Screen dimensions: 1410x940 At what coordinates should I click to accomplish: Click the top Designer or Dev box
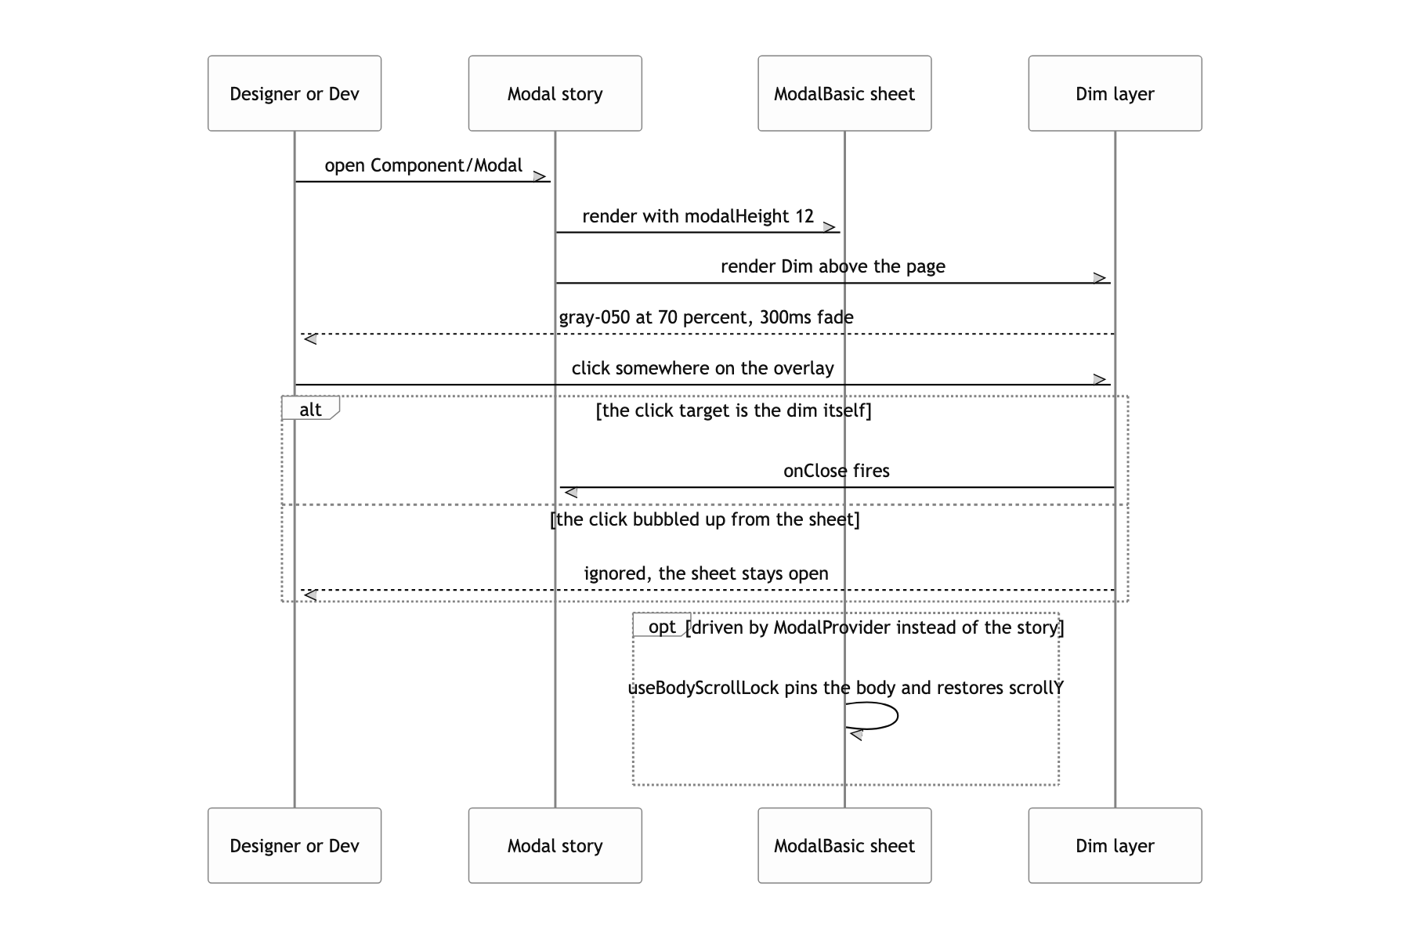click(x=295, y=93)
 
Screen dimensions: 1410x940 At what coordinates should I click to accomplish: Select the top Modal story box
click(x=555, y=93)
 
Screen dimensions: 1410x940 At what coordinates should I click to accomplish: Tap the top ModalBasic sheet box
click(x=844, y=93)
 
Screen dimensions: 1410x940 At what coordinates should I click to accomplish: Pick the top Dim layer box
click(x=1115, y=93)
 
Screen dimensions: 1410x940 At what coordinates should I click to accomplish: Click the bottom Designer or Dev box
click(x=295, y=845)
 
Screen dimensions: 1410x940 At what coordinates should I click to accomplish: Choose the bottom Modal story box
click(x=555, y=845)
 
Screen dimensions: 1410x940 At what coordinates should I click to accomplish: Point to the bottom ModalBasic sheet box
click(x=844, y=845)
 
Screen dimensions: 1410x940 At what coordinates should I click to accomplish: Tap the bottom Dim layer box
click(x=1115, y=845)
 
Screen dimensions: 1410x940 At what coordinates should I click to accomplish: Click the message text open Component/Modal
click(x=424, y=166)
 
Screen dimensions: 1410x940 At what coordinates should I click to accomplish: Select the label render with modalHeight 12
click(x=698, y=216)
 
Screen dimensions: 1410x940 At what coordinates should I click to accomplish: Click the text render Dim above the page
click(x=833, y=266)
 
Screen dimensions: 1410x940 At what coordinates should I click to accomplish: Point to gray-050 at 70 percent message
click(x=706, y=317)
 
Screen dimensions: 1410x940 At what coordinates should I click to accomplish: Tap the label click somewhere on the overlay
click(x=703, y=368)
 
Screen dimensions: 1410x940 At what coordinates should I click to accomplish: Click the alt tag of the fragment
click(x=310, y=408)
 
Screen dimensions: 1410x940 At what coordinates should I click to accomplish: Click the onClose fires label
click(x=837, y=471)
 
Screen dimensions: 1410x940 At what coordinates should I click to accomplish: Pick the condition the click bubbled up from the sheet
click(x=705, y=519)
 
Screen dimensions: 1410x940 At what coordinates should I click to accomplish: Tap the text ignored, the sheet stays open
click(x=706, y=573)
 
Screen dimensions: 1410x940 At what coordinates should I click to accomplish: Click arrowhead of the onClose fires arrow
click(x=570, y=492)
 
